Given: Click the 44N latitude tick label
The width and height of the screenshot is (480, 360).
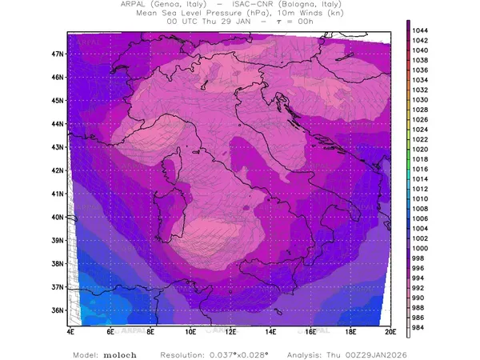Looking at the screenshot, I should click(x=57, y=124).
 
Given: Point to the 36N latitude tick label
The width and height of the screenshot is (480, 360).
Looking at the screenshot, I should click(x=57, y=310).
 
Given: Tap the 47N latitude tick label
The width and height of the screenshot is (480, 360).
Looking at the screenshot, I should click(x=57, y=54).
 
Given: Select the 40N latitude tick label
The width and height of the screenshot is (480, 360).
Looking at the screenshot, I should click(x=57, y=217).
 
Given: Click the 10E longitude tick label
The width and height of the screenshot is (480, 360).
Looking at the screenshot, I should click(x=190, y=330).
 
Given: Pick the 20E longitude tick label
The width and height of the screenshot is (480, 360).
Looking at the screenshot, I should click(x=390, y=330).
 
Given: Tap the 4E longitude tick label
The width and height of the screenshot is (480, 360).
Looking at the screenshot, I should click(x=70, y=330).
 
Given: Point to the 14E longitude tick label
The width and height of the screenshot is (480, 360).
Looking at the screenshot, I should click(x=270, y=330).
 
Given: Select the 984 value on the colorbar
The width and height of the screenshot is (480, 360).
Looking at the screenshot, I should click(x=418, y=326).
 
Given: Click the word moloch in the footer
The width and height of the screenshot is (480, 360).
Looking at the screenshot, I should click(x=119, y=353).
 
